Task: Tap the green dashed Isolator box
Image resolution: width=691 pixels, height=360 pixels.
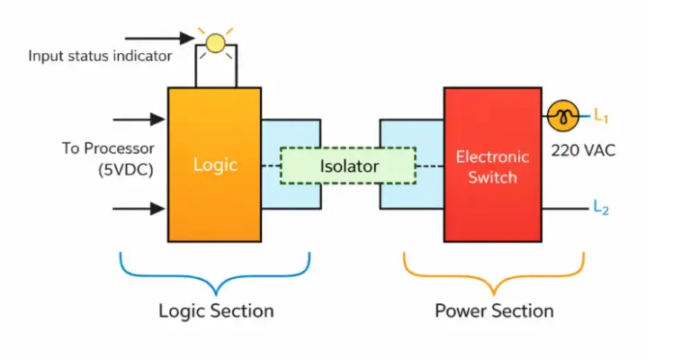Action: (348, 166)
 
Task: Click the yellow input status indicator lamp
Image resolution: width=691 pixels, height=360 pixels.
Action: (216, 41)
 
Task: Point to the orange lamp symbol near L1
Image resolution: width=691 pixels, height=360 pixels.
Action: (563, 115)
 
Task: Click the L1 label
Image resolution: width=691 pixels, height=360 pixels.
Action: (601, 115)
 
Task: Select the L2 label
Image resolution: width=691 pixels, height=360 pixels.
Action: (601, 208)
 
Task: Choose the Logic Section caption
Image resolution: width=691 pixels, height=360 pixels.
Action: (216, 311)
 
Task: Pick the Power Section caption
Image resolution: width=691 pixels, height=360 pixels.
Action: (494, 311)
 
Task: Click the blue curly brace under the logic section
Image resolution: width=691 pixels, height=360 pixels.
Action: (215, 274)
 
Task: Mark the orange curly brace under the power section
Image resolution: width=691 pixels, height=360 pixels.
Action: (493, 274)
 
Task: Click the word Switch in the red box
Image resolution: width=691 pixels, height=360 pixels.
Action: (492, 177)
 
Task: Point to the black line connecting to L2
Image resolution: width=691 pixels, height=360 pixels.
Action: (564, 208)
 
